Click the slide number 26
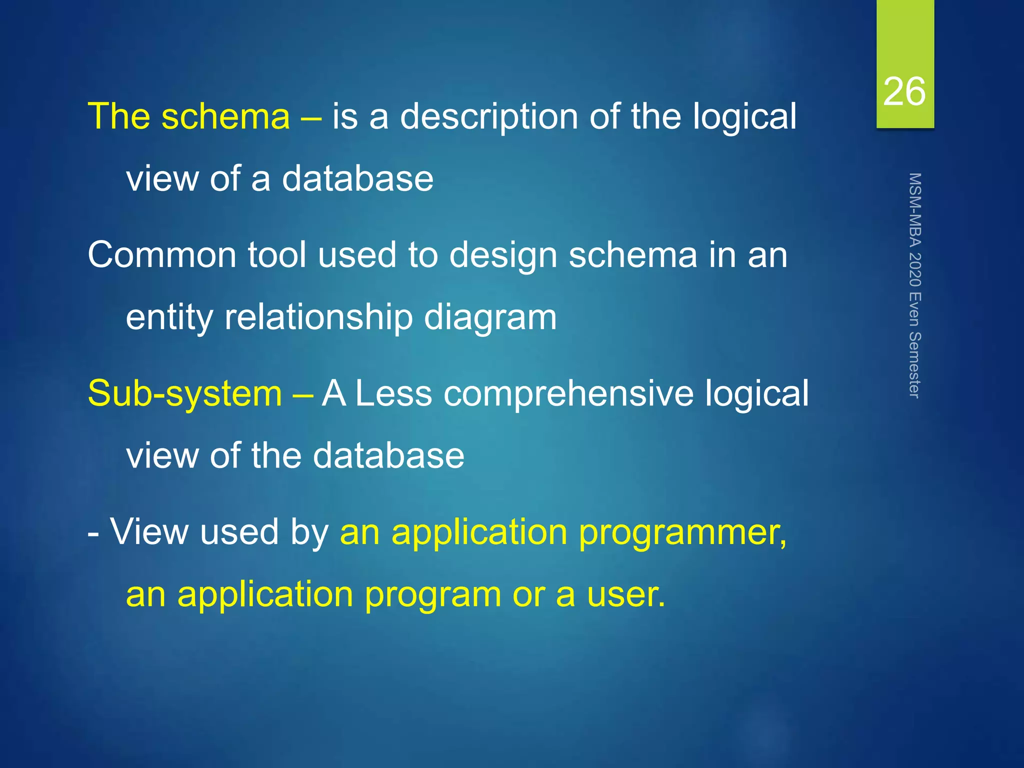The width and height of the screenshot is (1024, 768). (x=904, y=92)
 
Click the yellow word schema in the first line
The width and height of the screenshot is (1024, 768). (x=225, y=116)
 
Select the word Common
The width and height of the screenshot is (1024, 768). (x=161, y=255)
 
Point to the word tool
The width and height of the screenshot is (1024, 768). (x=277, y=255)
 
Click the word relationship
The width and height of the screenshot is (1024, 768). (x=318, y=318)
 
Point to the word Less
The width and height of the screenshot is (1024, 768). (x=393, y=393)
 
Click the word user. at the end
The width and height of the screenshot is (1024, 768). (x=626, y=595)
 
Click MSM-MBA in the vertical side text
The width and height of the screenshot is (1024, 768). (x=914, y=210)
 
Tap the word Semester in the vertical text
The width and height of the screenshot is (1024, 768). (x=914, y=364)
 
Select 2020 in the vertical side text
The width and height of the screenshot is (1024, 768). (x=914, y=270)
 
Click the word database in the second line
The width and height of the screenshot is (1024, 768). (x=357, y=179)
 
